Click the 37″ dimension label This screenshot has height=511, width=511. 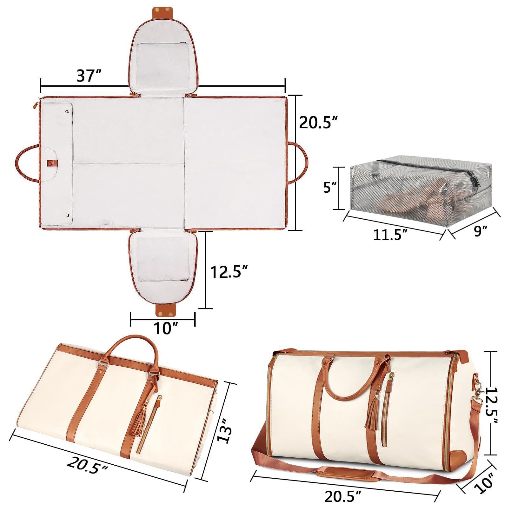tap(89, 76)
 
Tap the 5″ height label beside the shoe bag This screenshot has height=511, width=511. tap(329, 188)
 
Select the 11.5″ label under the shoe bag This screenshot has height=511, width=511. tap(390, 235)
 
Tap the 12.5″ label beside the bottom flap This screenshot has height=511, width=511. tap(229, 272)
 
